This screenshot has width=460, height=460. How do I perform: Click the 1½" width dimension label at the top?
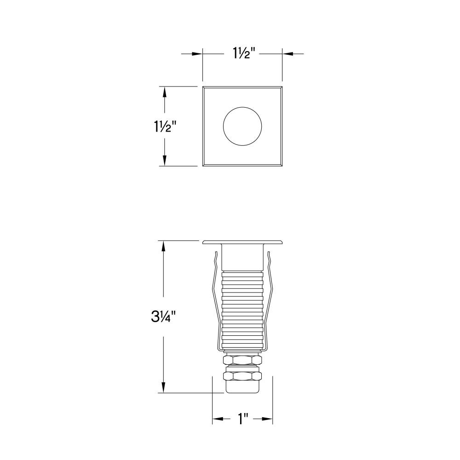(x=242, y=53)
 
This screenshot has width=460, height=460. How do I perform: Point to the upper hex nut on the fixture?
(x=242, y=360)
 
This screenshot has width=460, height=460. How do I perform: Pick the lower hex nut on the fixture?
(x=242, y=376)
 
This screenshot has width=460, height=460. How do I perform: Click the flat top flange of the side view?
(x=242, y=242)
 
